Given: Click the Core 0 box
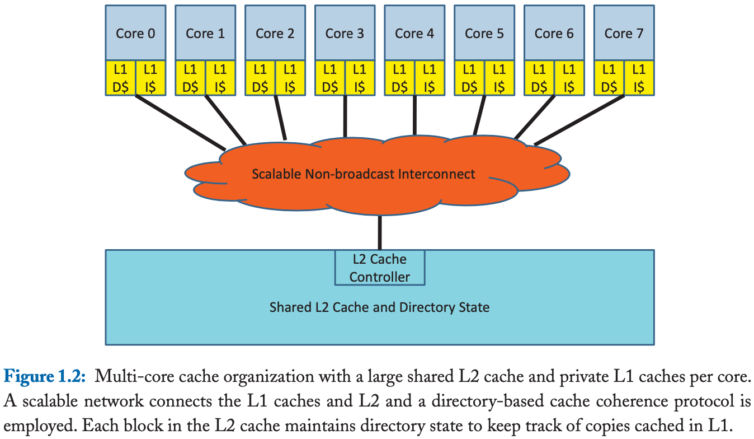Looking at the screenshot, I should coord(135,32).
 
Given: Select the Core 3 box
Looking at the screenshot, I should coord(345,32).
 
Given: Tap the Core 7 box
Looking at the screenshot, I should coord(624,32).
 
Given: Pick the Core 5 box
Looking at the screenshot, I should coord(484,32).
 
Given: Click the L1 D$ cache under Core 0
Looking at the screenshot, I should coord(120,78).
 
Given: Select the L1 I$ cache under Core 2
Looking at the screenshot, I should coord(290,78).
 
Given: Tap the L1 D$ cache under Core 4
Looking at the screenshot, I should coord(399,78).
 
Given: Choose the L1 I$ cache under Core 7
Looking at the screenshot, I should coord(639,78).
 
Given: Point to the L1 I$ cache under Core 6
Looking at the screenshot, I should coord(569,78).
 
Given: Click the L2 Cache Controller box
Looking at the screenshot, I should coord(380,268).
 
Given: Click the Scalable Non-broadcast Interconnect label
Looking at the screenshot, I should coord(363,174).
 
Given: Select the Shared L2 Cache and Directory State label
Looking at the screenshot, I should coord(379,307).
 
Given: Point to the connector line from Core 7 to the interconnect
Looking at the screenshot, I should coord(579,120).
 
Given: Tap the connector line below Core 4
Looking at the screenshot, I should coord(414,115).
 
